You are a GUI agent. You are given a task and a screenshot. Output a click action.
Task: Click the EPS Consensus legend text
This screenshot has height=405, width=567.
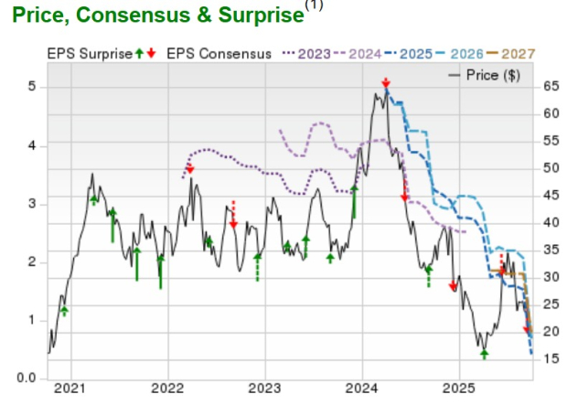click(219, 54)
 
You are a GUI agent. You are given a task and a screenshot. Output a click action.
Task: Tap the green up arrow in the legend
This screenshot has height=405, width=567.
click(139, 54)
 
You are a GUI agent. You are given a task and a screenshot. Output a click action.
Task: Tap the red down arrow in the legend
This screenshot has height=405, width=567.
click(151, 54)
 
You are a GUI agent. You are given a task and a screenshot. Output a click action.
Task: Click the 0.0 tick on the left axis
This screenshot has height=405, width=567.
click(27, 378)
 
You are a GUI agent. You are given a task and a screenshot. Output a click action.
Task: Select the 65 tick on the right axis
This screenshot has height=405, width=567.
click(549, 87)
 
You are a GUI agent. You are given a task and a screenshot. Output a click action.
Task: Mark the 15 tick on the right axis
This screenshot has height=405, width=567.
click(549, 358)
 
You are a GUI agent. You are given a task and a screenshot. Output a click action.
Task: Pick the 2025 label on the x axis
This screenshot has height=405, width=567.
click(460, 389)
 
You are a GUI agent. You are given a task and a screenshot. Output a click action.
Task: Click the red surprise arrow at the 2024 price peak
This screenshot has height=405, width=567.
click(386, 83)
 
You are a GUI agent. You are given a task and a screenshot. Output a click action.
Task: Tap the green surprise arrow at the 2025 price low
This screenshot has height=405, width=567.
click(485, 353)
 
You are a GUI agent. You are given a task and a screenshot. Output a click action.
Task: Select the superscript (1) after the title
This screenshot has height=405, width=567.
click(314, 6)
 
